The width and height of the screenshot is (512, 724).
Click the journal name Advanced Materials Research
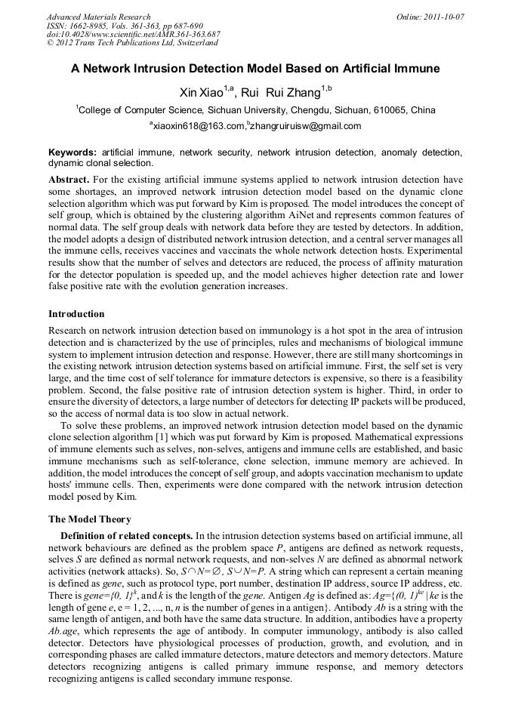click(x=99, y=17)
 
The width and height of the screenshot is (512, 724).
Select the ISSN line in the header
click(x=113, y=26)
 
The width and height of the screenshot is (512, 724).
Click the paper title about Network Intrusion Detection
click(x=255, y=69)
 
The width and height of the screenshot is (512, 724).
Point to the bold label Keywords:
click(x=72, y=153)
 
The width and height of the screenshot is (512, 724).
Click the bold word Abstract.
click(x=69, y=180)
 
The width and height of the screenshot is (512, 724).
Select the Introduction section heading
click(x=76, y=313)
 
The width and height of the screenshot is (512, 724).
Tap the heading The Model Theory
click(x=90, y=519)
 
